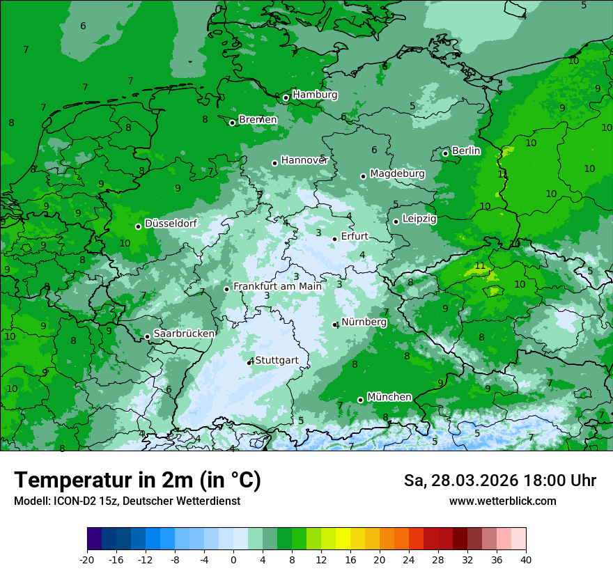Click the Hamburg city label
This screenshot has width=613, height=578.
(315, 95)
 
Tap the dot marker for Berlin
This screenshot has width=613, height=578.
(446, 153)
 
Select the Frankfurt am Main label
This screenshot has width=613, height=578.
(277, 286)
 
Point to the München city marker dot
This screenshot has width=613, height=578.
(360, 400)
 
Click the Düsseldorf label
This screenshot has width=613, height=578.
(171, 224)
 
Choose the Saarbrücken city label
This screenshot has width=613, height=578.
(184, 334)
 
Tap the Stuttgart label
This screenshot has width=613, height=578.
(277, 360)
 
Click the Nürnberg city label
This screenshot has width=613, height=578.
(364, 322)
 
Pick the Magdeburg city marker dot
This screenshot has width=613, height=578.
(363, 176)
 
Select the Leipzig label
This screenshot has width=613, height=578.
(419, 219)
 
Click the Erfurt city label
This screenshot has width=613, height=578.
(355, 237)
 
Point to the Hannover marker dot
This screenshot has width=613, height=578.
(274, 163)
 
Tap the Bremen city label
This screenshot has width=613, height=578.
(258, 120)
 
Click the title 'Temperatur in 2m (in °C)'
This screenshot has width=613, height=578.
(137, 481)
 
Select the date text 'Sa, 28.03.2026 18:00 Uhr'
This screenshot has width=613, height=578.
(499, 481)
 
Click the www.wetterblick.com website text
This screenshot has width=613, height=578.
(502, 501)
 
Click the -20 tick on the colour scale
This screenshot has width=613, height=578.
(87, 560)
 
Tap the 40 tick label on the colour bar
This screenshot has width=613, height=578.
(525, 560)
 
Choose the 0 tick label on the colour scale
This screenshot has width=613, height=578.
(233, 560)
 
